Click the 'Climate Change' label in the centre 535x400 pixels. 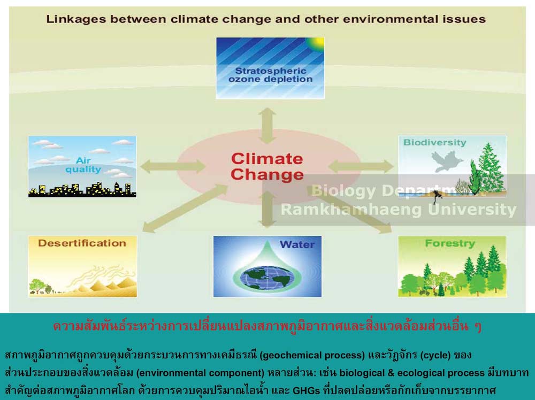267,166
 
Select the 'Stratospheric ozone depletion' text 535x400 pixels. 271,75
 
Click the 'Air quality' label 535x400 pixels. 83,165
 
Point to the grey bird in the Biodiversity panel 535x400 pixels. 447,161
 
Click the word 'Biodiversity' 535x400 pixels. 434,143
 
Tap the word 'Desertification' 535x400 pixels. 82,243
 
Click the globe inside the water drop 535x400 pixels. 267,277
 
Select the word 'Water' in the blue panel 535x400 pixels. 297,244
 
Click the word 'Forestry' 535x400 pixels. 450,243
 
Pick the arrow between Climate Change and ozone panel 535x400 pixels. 267,126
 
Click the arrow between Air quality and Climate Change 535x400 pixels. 173,166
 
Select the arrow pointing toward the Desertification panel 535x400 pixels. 185,209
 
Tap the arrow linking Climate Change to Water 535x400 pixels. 267,209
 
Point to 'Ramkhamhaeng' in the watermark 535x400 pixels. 351,210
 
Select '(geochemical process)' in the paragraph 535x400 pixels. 312,355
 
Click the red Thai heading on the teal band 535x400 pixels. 267,326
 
